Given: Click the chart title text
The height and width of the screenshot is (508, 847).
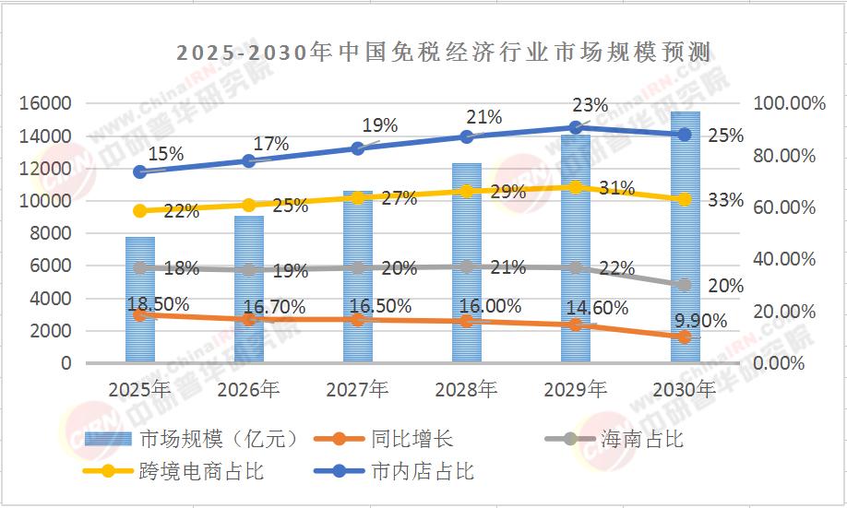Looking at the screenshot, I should (x=447, y=51).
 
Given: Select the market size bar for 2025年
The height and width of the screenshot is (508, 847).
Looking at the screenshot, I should (x=140, y=300).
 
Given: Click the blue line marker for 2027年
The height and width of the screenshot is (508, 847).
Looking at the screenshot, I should (x=358, y=148).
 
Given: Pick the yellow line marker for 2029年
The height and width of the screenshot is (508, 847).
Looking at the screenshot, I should (x=576, y=187).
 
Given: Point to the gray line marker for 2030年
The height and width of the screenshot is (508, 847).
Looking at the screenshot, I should (x=685, y=285).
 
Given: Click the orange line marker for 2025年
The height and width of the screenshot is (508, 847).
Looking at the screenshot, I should (x=140, y=315).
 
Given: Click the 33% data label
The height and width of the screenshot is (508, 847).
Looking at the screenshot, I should (x=725, y=199).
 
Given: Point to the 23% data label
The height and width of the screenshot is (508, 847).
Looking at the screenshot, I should (x=590, y=105).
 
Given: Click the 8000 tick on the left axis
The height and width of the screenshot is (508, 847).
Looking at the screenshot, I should (x=51, y=233).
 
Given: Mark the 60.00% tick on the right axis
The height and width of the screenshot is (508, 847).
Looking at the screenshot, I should (x=785, y=207).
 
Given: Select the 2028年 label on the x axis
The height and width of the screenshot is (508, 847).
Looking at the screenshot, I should (x=467, y=390).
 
